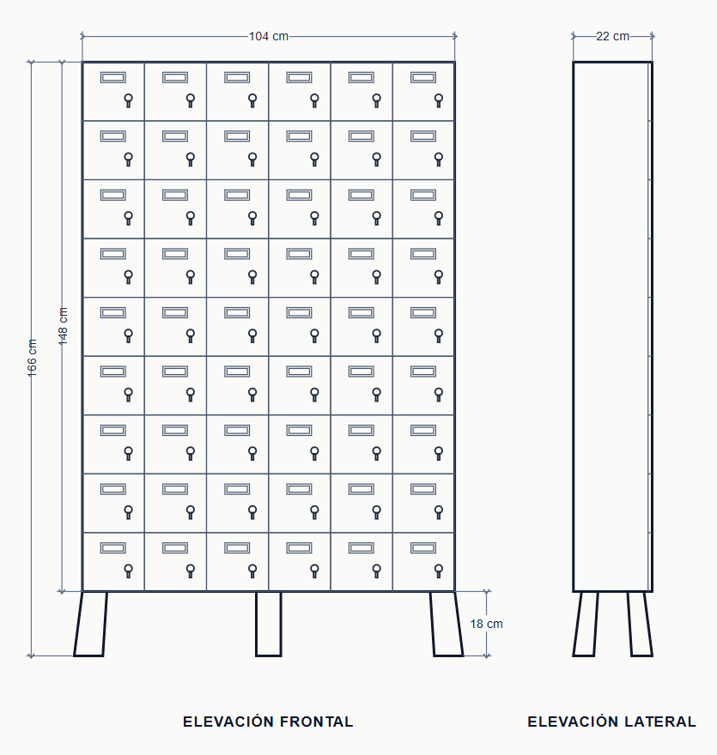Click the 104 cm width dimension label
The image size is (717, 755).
(x=269, y=36)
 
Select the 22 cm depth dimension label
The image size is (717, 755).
(x=612, y=36)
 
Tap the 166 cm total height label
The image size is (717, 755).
(x=32, y=358)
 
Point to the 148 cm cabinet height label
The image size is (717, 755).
(x=64, y=326)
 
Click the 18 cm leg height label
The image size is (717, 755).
(x=486, y=624)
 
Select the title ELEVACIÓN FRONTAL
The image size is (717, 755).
(x=268, y=722)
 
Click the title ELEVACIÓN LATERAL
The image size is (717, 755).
(x=611, y=722)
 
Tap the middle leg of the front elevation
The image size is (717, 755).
(x=269, y=624)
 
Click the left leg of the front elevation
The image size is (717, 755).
(x=90, y=624)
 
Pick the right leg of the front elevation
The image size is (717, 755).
(x=447, y=624)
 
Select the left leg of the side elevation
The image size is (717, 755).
(x=586, y=624)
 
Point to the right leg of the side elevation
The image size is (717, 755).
(x=641, y=624)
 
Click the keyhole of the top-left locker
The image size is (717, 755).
(x=128, y=100)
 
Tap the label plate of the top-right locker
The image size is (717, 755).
(x=423, y=77)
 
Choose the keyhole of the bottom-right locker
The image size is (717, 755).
(x=439, y=571)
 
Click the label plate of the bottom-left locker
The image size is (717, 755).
(x=113, y=548)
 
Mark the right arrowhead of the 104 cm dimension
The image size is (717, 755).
(x=454, y=36)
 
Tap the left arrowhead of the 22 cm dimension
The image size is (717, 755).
(x=574, y=36)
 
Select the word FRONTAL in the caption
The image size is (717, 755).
(x=316, y=722)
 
